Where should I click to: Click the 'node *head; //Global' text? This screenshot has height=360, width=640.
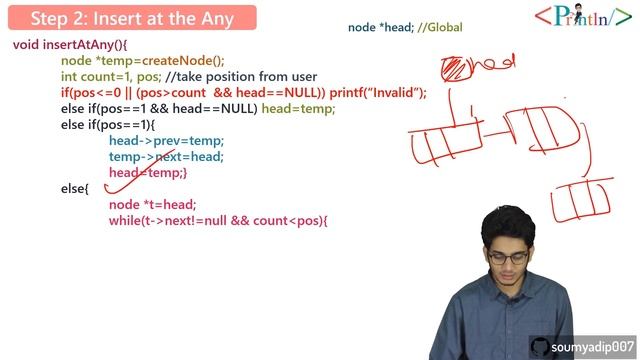pyautogui.click(x=405, y=28)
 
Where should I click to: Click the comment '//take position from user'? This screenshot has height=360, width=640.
pyautogui.click(x=254, y=77)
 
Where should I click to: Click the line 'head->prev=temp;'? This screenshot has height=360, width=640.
pyautogui.click(x=166, y=141)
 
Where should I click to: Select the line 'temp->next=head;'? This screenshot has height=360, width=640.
pyautogui.click(x=166, y=157)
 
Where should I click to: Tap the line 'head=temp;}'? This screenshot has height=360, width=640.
pyautogui.click(x=148, y=173)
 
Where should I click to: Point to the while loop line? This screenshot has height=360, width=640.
pyautogui.click(x=218, y=220)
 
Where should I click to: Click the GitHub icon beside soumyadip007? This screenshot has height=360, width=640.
pyautogui.click(x=540, y=345)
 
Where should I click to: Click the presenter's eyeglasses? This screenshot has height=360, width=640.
pyautogui.click(x=509, y=258)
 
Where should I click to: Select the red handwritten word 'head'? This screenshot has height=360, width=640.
pyautogui.click(x=493, y=63)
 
